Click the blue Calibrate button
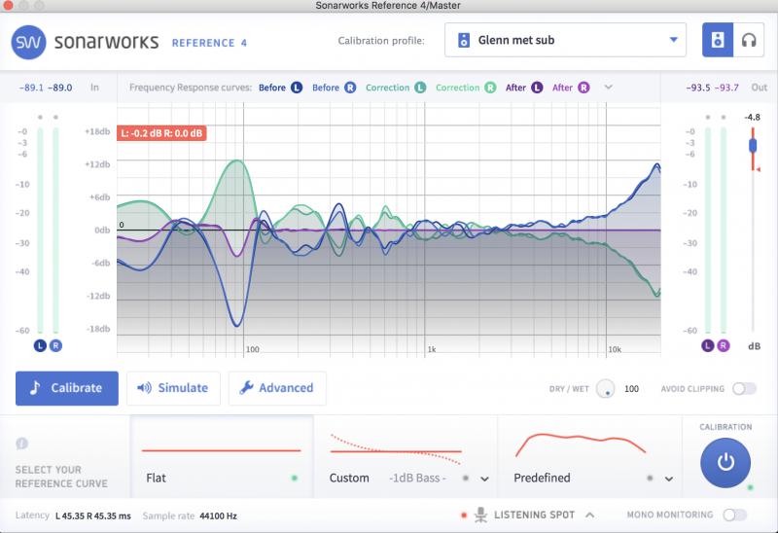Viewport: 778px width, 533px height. (x=67, y=388)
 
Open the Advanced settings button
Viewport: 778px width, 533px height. (x=277, y=388)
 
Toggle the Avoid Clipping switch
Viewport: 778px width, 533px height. (x=744, y=389)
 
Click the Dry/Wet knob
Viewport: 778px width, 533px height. (x=605, y=389)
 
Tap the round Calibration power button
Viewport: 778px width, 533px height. (x=725, y=463)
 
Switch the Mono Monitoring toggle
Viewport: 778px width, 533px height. (x=735, y=515)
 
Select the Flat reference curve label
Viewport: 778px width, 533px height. (x=156, y=478)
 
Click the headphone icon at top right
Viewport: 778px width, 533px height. (x=749, y=40)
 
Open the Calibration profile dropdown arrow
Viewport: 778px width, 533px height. (x=673, y=40)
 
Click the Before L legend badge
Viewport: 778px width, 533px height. (x=297, y=88)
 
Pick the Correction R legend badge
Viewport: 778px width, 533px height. (x=490, y=88)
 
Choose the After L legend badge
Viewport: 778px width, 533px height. (x=537, y=88)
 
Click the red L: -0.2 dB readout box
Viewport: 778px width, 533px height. (x=161, y=133)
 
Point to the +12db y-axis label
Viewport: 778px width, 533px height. (x=98, y=164)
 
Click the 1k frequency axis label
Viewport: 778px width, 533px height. (x=432, y=349)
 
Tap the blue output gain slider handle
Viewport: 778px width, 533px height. (x=753, y=146)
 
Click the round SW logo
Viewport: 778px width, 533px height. (x=29, y=42)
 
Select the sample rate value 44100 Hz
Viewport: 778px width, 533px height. (x=218, y=516)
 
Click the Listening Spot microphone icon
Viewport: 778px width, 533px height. (x=480, y=515)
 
